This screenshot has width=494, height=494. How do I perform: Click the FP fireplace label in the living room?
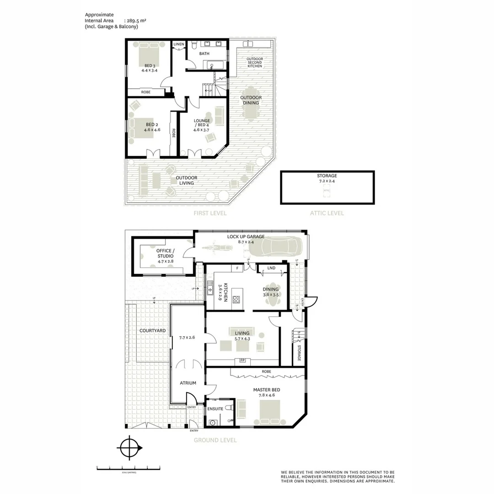(x=243, y=360)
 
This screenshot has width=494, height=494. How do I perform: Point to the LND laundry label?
(x=271, y=268)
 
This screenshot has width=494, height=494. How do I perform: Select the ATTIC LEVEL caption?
(x=327, y=213)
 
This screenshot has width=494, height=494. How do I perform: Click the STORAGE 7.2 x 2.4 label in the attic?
(x=327, y=178)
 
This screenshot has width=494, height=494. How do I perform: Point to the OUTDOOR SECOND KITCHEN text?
(x=255, y=63)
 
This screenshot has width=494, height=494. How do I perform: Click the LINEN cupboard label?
(x=179, y=44)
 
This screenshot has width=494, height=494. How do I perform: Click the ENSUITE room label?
(x=215, y=408)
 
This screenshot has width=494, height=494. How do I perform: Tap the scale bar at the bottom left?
(x=129, y=467)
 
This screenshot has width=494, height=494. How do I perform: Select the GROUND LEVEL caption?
(x=215, y=440)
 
